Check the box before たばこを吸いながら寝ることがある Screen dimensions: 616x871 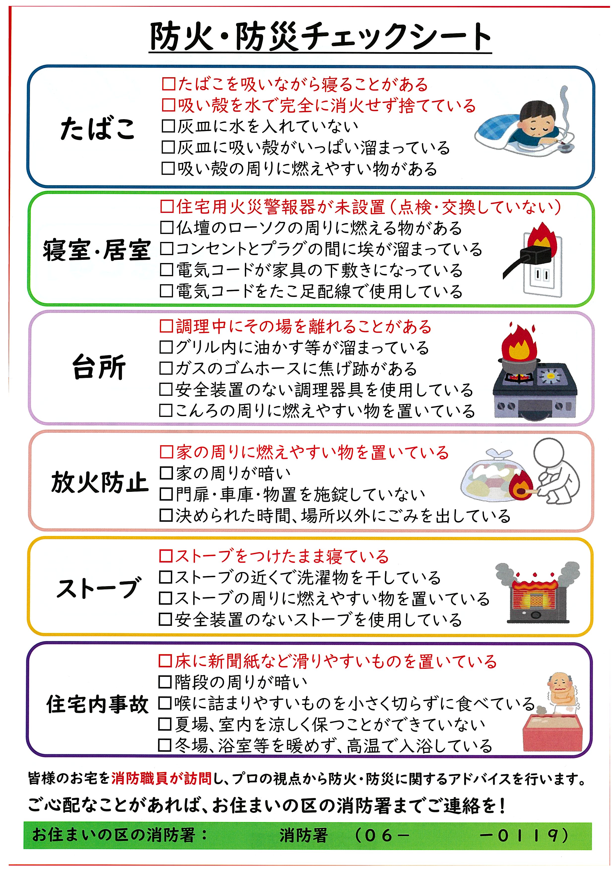tap(168, 84)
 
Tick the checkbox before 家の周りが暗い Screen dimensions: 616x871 tap(166, 473)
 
